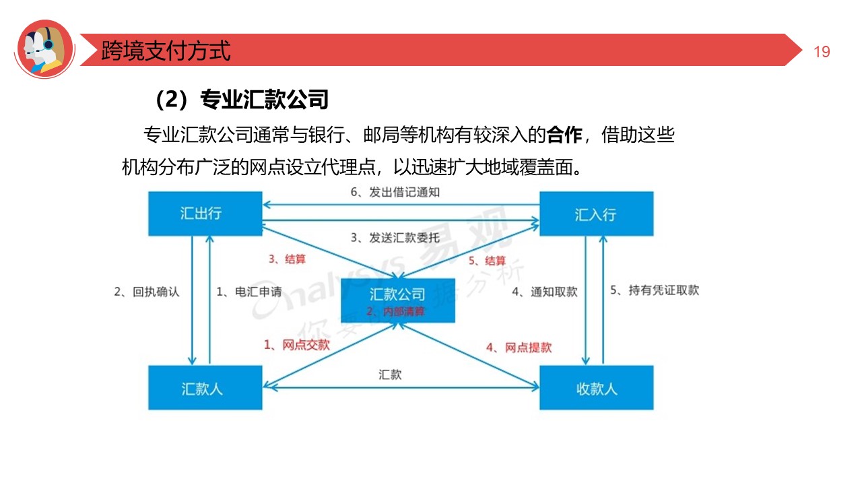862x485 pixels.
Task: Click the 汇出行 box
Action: [205, 214]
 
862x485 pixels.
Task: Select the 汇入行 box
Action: [596, 214]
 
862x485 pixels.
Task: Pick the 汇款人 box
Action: [205, 388]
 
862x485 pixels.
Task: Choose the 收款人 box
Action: [596, 388]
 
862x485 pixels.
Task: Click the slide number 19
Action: [822, 52]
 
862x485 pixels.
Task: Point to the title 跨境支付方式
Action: [166, 51]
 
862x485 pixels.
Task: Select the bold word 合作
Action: [564, 135]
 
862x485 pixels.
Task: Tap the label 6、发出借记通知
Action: [395, 192]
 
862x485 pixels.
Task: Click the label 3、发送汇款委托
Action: [395, 237]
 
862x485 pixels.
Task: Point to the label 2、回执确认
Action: [147, 292]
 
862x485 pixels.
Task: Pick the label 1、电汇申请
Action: [248, 292]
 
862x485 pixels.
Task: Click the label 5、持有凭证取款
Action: [655, 290]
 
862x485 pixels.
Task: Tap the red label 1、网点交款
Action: [297, 345]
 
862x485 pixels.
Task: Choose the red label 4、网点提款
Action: [519, 348]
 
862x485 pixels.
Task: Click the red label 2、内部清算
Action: [395, 311]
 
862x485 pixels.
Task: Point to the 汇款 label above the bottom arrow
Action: [390, 375]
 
